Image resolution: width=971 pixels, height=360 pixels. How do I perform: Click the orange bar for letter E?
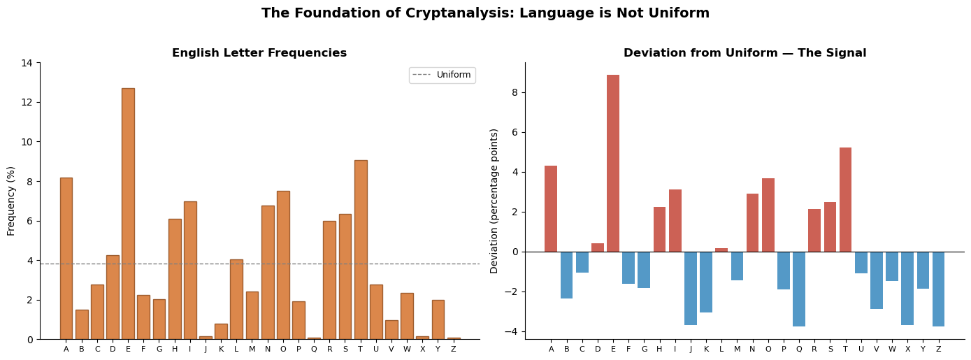[128, 213]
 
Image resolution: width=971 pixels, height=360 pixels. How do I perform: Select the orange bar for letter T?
[361, 250]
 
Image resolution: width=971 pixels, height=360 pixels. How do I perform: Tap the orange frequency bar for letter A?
[66, 258]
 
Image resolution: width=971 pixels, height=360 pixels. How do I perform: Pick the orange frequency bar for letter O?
[283, 265]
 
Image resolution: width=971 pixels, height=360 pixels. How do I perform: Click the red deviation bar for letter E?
[613, 163]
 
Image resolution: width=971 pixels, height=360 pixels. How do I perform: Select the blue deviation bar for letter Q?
[799, 289]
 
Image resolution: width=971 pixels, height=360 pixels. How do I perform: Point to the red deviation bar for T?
[845, 199]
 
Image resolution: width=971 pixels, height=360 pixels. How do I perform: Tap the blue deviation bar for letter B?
[566, 275]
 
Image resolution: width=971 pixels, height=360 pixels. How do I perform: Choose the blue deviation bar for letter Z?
[938, 289]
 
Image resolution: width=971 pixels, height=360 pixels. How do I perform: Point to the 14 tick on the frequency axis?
[27, 63]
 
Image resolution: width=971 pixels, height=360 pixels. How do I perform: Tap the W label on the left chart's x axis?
[407, 350]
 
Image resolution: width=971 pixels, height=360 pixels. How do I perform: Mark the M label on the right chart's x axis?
[737, 350]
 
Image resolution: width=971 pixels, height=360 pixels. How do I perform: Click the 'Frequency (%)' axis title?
[11, 201]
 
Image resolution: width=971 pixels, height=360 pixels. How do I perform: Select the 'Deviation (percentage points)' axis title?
[495, 201]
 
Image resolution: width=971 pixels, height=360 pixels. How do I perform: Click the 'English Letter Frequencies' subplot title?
[259, 53]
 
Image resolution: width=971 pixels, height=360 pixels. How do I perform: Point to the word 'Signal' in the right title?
[846, 53]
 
